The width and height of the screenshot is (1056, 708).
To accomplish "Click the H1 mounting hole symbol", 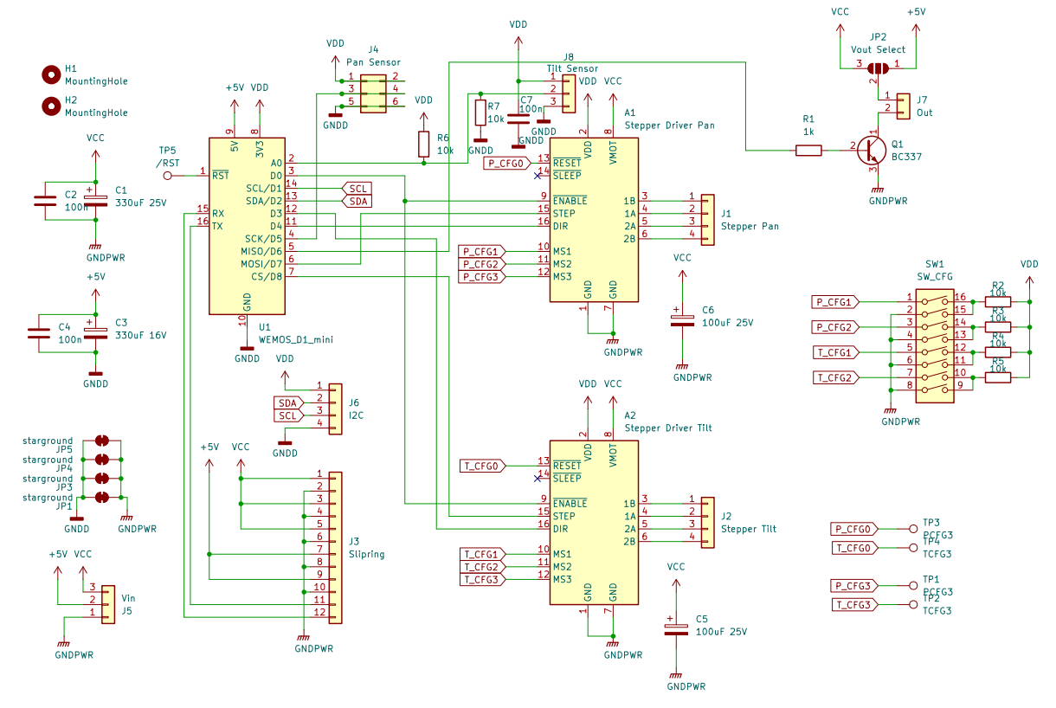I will [51, 74].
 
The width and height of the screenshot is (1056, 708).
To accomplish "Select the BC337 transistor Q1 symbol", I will [870, 150].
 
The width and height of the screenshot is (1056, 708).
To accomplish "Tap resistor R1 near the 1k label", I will [808, 151].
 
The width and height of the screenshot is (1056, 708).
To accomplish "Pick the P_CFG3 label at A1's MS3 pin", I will [480, 277].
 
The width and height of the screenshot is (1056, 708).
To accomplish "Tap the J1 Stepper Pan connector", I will [707, 220].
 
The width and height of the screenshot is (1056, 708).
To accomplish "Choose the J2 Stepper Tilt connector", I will [707, 522].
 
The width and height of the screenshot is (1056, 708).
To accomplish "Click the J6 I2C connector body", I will [335, 405].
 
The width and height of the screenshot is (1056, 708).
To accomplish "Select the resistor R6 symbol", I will [423, 144].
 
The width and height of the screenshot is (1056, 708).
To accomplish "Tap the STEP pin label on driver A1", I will [564, 214].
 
